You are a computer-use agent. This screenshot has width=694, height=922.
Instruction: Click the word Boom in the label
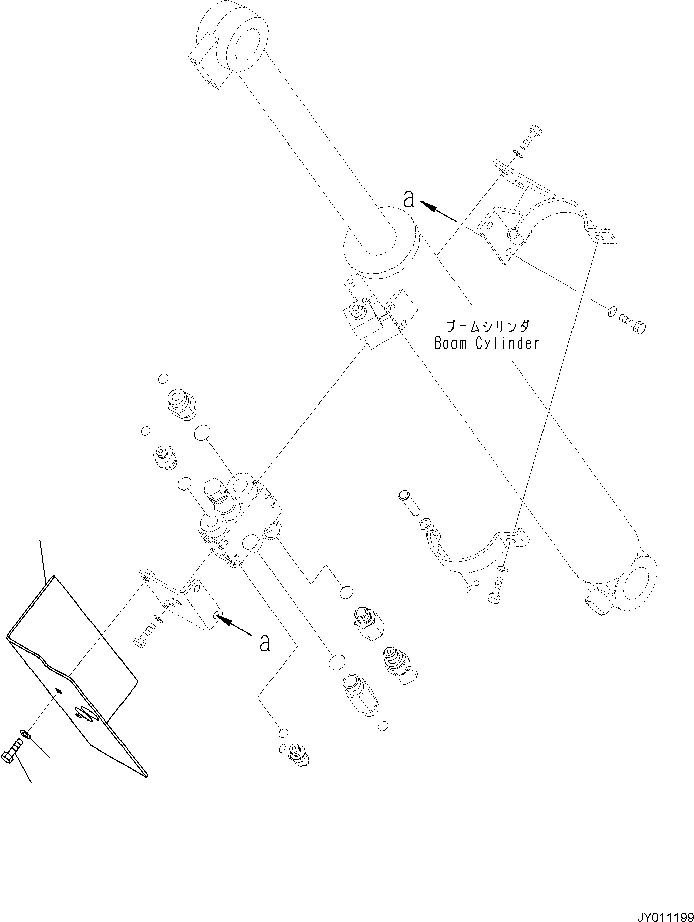tap(450, 343)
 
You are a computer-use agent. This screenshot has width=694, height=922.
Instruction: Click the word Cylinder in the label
tap(507, 344)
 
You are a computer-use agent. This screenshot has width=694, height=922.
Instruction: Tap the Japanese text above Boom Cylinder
tap(487, 326)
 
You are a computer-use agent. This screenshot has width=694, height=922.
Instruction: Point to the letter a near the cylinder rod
tap(409, 199)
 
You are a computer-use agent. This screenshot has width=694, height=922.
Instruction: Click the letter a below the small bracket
tap(264, 643)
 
